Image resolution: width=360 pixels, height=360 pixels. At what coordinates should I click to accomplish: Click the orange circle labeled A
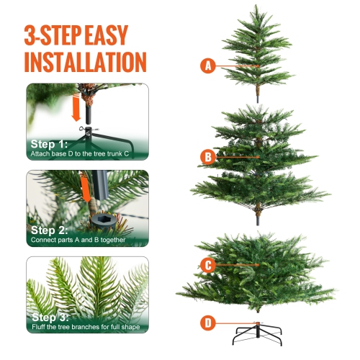pos(208,66)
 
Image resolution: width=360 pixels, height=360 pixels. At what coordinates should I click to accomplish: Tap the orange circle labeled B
pos(208,156)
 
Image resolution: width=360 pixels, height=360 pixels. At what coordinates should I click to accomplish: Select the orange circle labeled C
pos(208,265)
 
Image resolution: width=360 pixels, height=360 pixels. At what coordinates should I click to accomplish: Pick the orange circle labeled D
pos(208,322)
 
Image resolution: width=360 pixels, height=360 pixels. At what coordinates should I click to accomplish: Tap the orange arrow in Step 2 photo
pos(86,191)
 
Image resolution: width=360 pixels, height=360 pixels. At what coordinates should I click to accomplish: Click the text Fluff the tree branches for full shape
pos(85,328)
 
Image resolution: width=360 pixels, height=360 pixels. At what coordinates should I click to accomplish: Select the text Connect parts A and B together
pos(77,241)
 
